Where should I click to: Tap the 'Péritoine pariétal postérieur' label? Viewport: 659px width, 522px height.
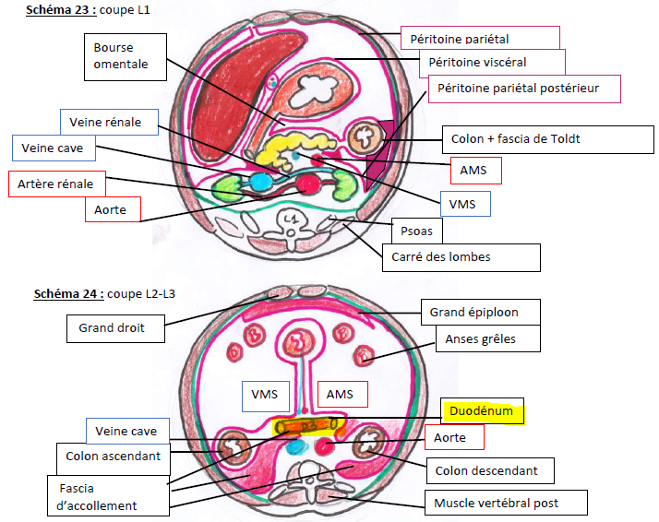[524, 89]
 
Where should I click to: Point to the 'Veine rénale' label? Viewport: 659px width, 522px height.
[108, 122]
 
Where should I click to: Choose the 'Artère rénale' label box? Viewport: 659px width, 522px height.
[56, 184]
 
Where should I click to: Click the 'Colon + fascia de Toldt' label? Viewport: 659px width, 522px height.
[515, 140]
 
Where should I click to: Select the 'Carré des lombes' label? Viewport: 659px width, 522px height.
[461, 257]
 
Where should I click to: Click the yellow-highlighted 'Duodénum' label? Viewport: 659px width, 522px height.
[483, 411]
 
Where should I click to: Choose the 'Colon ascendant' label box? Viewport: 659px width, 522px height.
[114, 457]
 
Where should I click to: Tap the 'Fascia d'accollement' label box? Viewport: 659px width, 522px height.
[109, 496]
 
